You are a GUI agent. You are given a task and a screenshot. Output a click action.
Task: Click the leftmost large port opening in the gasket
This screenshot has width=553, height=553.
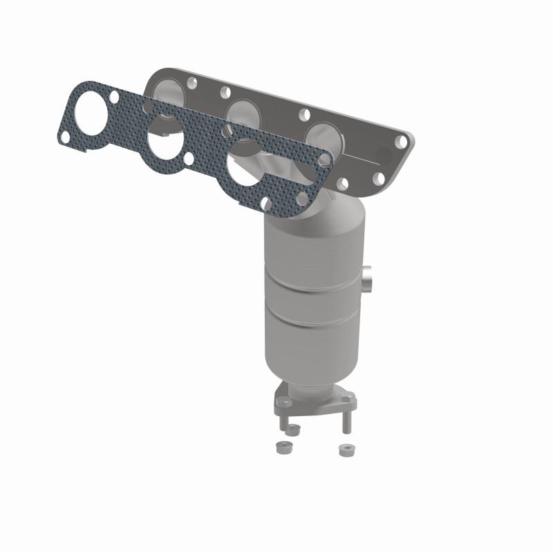coord(90,112)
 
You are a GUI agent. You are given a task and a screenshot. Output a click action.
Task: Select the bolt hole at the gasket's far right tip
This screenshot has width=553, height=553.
coord(324,160)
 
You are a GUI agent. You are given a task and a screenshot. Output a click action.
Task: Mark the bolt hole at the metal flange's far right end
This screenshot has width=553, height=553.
coord(400,142)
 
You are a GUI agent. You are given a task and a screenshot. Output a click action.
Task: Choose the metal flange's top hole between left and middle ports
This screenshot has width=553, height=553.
coord(225,91)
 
